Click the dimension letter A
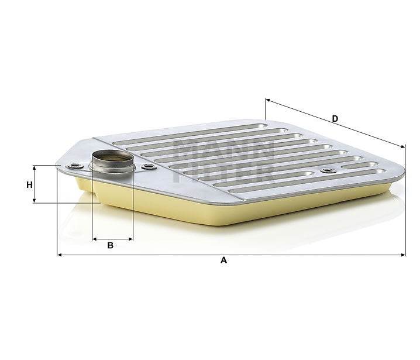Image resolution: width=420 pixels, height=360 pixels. click(x=223, y=261)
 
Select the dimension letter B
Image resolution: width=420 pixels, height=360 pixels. click(x=110, y=246)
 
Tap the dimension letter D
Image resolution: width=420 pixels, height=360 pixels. click(x=335, y=119)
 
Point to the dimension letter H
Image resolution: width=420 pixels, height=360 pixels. click(x=29, y=184)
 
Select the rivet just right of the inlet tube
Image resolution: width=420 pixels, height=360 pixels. click(x=150, y=167)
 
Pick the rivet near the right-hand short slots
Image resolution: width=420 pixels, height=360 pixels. click(x=326, y=171)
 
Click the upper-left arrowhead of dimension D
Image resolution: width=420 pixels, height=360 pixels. click(x=268, y=101)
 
